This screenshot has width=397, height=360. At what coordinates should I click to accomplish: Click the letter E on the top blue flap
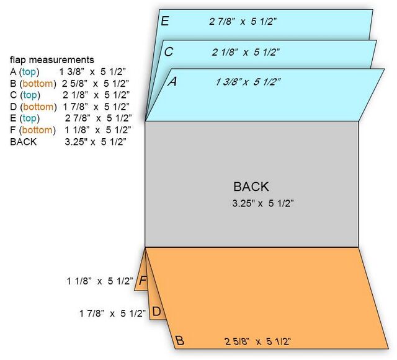(x=165, y=21)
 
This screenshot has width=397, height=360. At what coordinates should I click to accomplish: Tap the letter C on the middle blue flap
(x=169, y=52)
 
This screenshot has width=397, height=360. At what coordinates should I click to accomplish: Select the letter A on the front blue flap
(x=172, y=81)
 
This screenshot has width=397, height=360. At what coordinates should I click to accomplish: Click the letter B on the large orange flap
(x=179, y=341)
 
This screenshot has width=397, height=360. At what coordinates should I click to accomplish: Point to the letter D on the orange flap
(x=157, y=312)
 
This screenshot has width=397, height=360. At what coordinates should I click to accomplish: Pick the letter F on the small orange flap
(x=143, y=280)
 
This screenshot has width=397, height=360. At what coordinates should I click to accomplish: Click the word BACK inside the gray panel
(x=251, y=187)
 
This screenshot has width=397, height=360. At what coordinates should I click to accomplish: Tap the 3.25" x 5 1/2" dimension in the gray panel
(x=263, y=203)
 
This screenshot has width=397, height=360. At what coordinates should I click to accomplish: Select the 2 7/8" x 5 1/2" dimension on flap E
(x=243, y=22)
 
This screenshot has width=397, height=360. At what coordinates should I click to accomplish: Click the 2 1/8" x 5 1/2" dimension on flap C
(x=246, y=53)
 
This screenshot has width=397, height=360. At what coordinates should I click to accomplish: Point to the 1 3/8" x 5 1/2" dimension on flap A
(x=248, y=82)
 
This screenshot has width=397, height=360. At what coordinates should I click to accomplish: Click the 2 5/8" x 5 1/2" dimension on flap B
(x=258, y=341)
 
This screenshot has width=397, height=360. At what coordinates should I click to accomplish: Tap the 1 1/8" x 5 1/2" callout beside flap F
(x=100, y=281)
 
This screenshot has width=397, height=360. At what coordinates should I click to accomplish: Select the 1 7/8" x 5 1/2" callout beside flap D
(x=113, y=314)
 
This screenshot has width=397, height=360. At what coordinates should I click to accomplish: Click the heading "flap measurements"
(x=52, y=60)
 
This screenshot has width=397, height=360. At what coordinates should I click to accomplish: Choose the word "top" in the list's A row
(x=29, y=72)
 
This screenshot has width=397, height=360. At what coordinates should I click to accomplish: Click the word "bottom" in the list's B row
(x=38, y=84)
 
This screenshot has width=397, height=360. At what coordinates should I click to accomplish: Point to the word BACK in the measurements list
(x=24, y=142)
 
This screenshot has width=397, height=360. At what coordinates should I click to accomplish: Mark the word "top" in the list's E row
(x=29, y=118)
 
